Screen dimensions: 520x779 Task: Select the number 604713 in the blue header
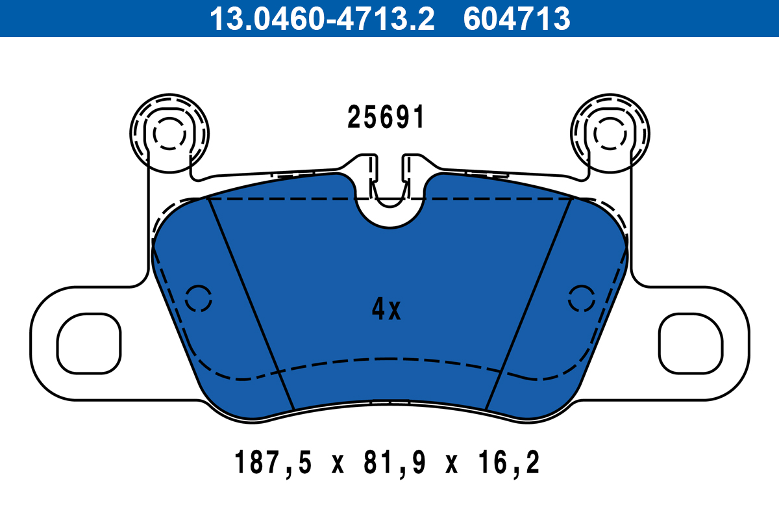tap(517, 19)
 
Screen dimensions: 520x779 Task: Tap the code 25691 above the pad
tap(386, 118)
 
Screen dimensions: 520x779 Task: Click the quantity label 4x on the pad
tap(386, 310)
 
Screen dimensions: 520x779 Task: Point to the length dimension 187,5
tap(273, 464)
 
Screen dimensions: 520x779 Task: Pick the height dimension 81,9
tap(389, 464)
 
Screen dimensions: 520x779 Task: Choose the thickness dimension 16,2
tap(506, 464)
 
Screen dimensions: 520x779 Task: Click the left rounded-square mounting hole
tap(90, 343)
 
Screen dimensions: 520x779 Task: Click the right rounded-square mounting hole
tap(691, 343)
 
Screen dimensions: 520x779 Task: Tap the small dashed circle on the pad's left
tap(199, 299)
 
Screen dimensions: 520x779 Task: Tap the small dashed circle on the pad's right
tap(582, 299)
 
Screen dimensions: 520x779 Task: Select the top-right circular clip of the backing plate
tap(610, 133)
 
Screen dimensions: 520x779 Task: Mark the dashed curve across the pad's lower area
tap(389, 359)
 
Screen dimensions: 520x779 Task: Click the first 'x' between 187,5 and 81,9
tap(336, 465)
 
